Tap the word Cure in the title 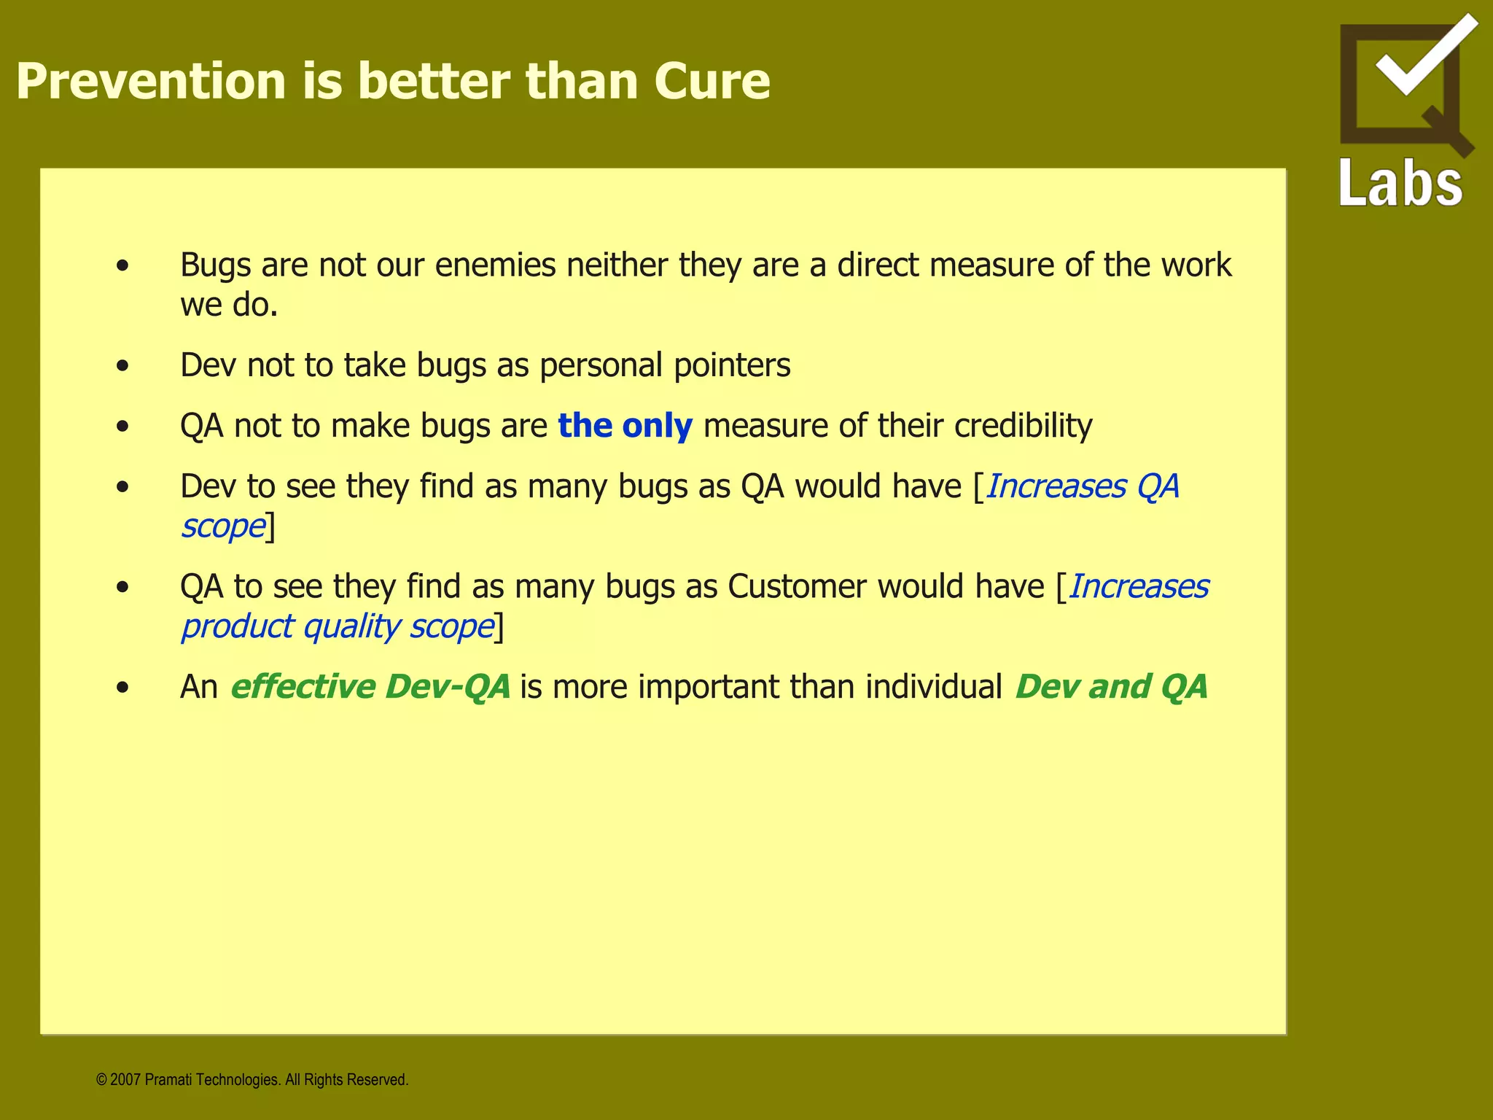[712, 81]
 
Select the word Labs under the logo [1400, 184]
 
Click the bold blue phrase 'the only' [625, 426]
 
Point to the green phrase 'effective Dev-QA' [370, 687]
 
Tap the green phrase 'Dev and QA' [1111, 687]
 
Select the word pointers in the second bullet [731, 365]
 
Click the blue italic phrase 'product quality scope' [338, 627]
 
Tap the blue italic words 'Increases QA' [1082, 487]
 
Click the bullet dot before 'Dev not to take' [122, 366]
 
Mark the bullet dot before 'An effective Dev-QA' [122, 688]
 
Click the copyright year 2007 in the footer [125, 1080]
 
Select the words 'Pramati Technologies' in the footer [211, 1080]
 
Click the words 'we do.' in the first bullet [229, 306]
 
